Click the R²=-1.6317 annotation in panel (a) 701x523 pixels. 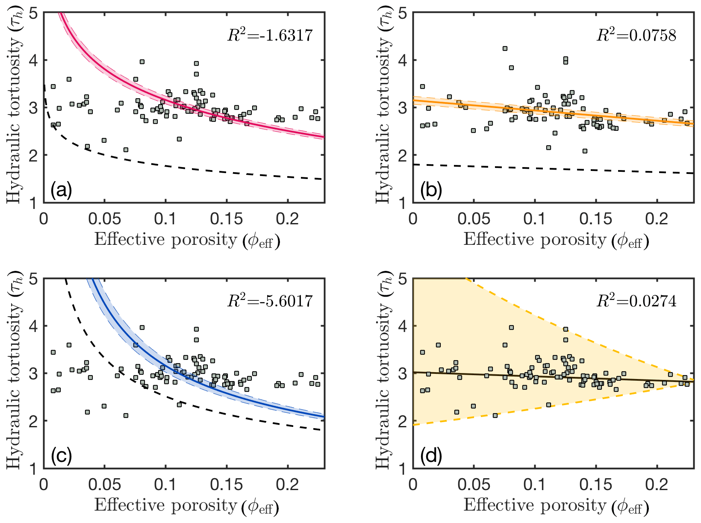[270, 35]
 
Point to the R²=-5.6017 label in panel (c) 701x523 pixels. [270, 301]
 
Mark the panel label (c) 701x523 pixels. [61, 456]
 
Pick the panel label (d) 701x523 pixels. [431, 456]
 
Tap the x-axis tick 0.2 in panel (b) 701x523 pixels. [657, 219]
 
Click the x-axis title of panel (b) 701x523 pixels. [556, 240]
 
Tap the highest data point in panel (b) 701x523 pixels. [505, 49]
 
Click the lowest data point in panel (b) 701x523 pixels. [585, 151]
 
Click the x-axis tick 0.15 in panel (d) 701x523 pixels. [595, 485]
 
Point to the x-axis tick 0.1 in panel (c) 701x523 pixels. [165, 485]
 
